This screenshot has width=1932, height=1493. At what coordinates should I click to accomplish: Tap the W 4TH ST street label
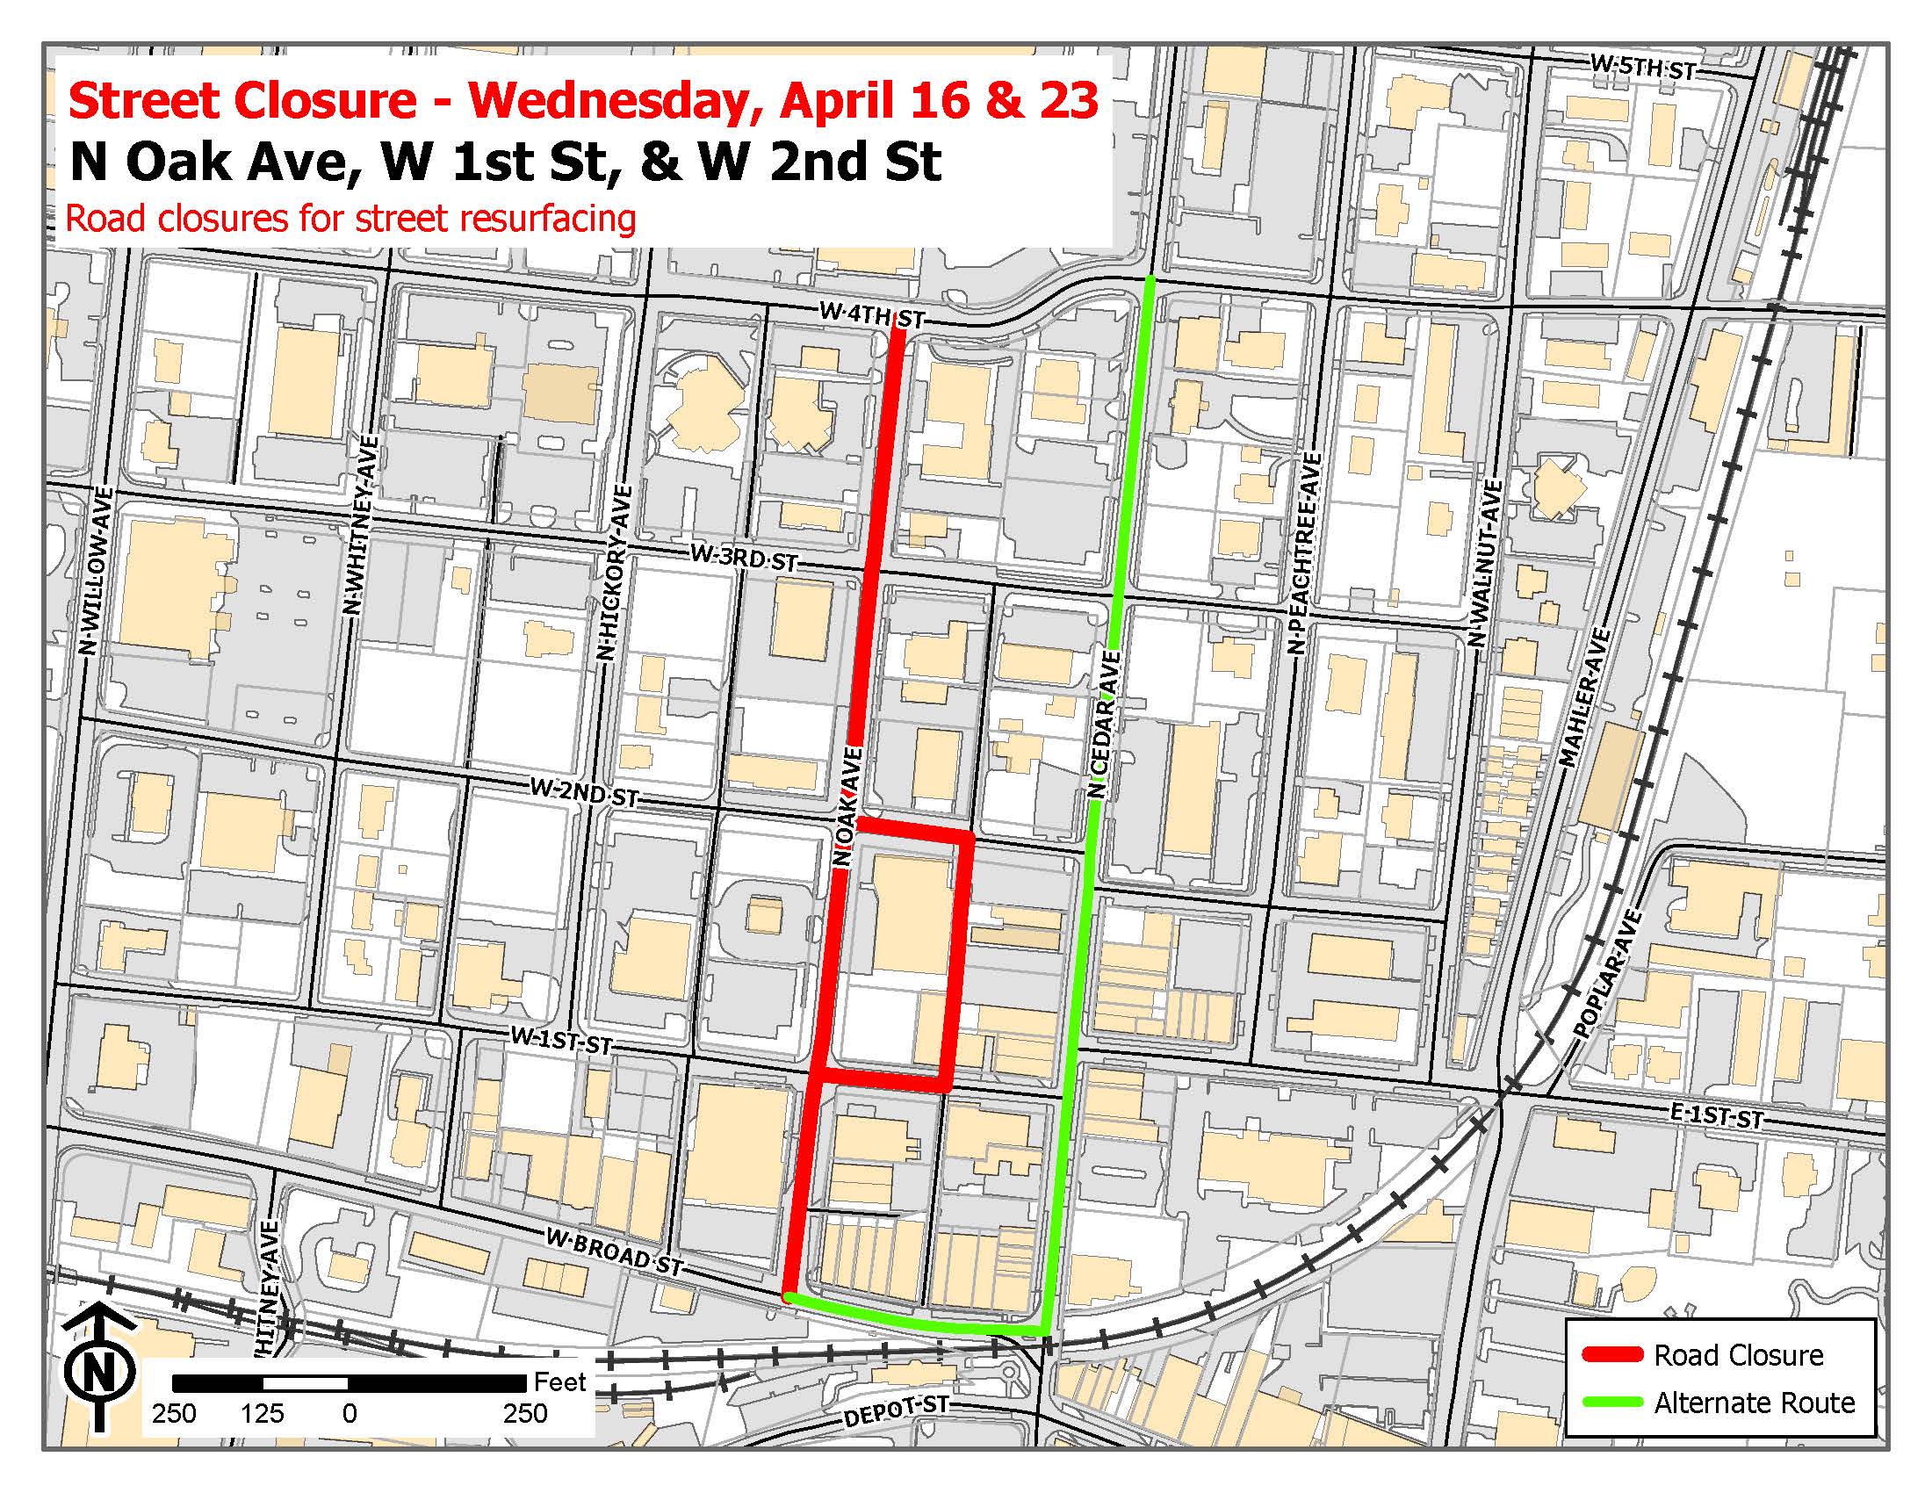(871, 315)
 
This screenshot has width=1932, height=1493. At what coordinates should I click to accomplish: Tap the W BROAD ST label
(614, 1252)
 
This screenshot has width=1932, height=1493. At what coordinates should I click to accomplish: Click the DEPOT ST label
(896, 1411)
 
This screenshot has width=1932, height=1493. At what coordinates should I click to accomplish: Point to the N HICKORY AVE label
(611, 573)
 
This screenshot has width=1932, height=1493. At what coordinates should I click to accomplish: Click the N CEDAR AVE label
(1106, 725)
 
